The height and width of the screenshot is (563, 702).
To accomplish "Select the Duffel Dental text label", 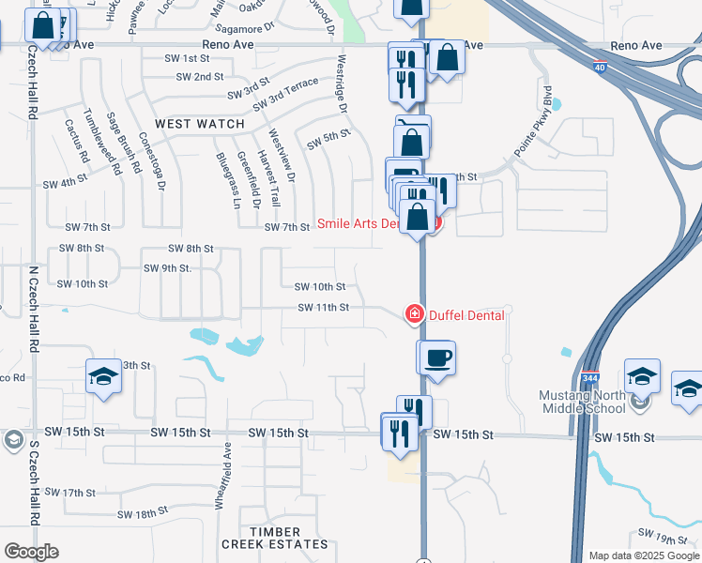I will coord(466,315).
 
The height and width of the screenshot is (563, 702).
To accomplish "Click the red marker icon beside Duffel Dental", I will coord(413,314).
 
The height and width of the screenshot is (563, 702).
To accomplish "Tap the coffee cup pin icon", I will coord(436,358).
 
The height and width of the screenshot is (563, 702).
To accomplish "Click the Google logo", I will coord(31,552).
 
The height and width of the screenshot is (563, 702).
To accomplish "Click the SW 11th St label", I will coord(324,307).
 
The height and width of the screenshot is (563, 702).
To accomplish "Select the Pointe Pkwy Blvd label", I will coord(536,122).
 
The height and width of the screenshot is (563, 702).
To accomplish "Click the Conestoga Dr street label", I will coord(152,160).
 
